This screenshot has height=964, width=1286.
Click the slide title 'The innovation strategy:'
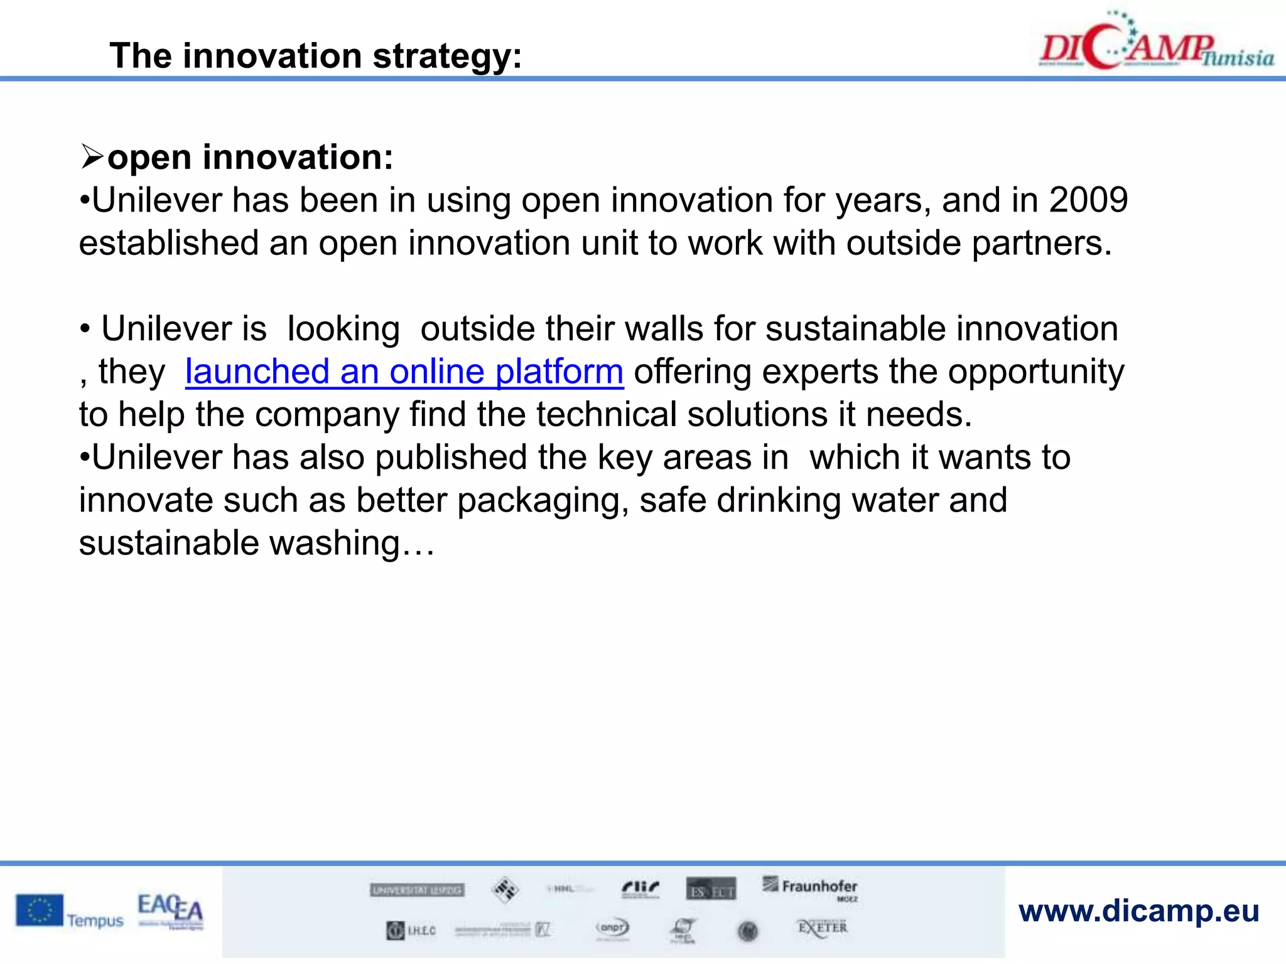click(x=315, y=56)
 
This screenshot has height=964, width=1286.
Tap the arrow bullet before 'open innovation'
click(x=92, y=157)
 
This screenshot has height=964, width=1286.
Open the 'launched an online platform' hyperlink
click(x=404, y=372)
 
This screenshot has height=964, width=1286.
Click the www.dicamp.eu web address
click(x=1138, y=911)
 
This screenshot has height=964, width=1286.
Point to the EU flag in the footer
click(x=40, y=910)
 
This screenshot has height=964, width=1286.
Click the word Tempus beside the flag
click(x=95, y=921)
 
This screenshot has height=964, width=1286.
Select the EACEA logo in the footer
click(x=170, y=910)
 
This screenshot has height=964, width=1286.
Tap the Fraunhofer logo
click(x=811, y=887)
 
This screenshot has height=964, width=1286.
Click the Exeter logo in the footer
click(x=822, y=928)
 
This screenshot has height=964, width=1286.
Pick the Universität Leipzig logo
click(x=417, y=890)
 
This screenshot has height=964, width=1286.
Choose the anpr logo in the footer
click(x=612, y=928)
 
